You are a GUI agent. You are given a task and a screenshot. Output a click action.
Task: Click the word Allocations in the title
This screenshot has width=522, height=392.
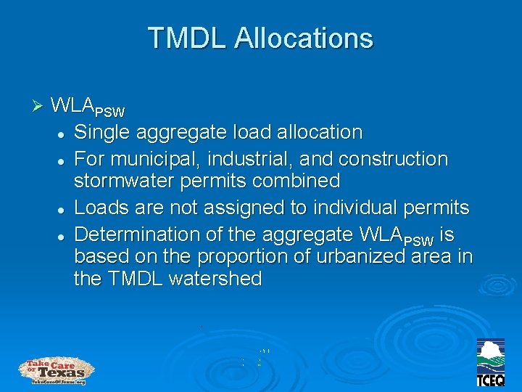tap(304, 38)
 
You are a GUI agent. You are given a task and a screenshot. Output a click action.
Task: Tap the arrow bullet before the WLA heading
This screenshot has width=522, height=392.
tap(39, 106)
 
